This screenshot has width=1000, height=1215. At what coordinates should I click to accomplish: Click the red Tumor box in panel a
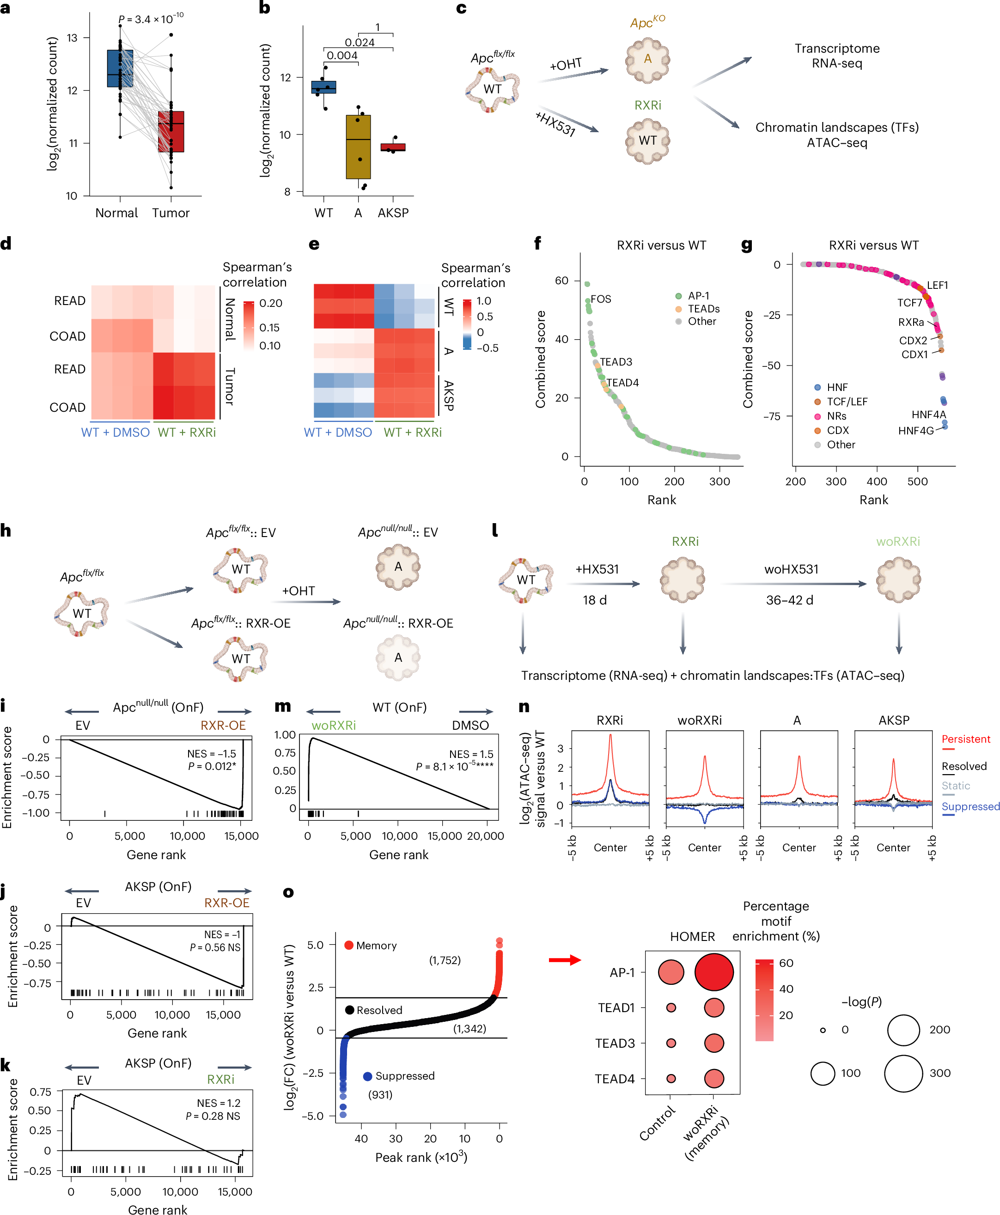(171, 131)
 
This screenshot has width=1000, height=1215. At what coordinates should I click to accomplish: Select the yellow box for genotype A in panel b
(358, 147)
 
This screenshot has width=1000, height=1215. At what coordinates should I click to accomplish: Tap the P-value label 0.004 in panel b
(342, 55)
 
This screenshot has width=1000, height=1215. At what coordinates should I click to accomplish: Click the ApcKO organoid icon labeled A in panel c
(647, 60)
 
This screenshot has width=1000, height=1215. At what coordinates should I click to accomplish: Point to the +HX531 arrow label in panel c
(555, 123)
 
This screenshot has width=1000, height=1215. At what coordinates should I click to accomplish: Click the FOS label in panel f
(601, 299)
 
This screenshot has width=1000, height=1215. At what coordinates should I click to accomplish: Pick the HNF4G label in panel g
(916, 430)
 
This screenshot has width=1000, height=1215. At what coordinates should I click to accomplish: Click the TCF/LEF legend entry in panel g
(847, 402)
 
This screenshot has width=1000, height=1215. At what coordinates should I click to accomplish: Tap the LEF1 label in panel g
(937, 285)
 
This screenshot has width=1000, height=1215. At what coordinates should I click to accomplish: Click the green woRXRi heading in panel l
(898, 542)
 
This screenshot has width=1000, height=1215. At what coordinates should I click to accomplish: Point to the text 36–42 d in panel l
(789, 600)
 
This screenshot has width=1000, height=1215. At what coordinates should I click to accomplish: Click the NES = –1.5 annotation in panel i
(211, 754)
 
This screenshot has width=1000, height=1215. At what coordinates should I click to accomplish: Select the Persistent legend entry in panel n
(966, 739)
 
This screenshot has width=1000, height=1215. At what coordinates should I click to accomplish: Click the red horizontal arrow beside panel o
(565, 960)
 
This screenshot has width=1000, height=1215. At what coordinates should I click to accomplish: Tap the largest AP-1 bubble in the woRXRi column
(713, 972)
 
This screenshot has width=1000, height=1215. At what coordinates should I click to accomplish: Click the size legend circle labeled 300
(904, 1073)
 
